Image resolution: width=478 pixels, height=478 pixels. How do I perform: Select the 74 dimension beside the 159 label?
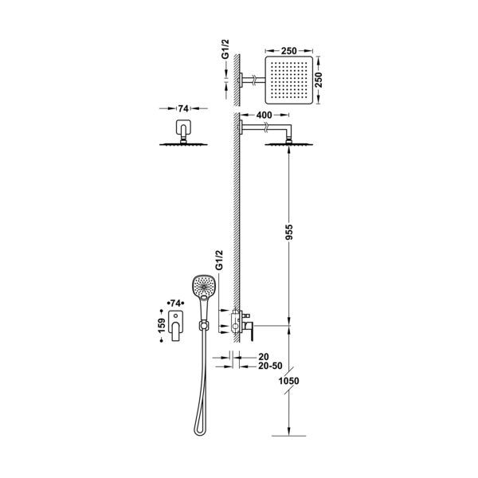tap(176, 304)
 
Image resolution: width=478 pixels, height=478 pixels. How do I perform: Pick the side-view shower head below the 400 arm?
tap(284, 142)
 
